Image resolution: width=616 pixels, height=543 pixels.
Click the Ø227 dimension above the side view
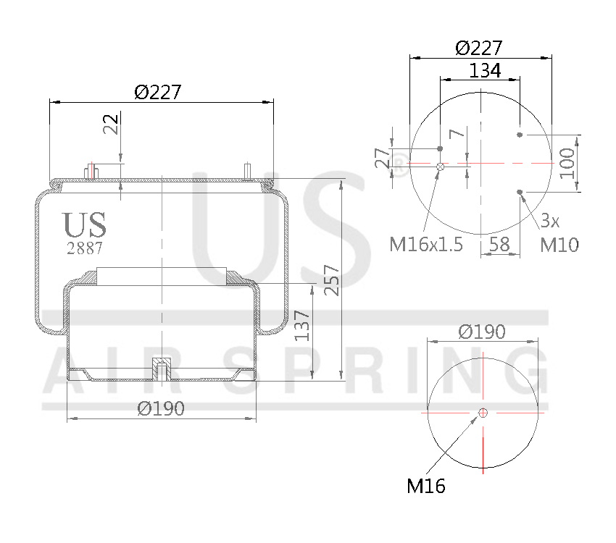157,92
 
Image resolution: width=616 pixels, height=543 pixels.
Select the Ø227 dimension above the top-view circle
479,48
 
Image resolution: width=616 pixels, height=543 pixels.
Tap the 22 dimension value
111,125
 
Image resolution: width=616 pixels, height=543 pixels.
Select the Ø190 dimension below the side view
160,408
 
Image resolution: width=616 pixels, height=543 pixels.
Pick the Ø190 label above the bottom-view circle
482,331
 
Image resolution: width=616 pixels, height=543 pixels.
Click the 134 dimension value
485,70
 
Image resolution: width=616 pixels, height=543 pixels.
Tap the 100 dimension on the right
567,164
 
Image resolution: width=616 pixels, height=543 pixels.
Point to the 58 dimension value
499,244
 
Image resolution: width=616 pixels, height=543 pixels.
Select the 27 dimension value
381,158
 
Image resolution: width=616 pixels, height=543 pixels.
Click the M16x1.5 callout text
426,245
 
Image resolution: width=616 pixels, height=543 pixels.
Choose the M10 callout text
559,245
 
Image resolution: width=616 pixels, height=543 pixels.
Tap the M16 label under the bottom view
425,486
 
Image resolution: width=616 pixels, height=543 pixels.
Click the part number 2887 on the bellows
84,248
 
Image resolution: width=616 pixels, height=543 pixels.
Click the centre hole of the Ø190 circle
483,413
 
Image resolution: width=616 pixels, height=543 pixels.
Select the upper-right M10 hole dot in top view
520,135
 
